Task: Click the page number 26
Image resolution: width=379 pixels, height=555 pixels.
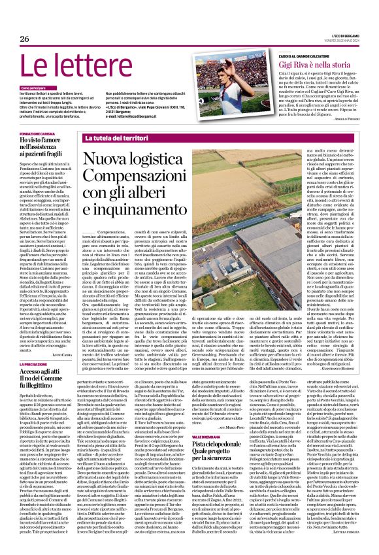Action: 24,39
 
